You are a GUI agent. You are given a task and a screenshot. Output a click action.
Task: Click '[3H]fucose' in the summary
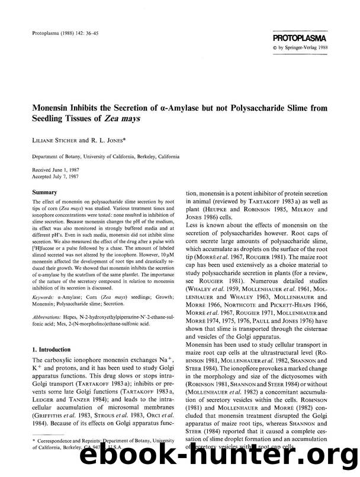(47, 244)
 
